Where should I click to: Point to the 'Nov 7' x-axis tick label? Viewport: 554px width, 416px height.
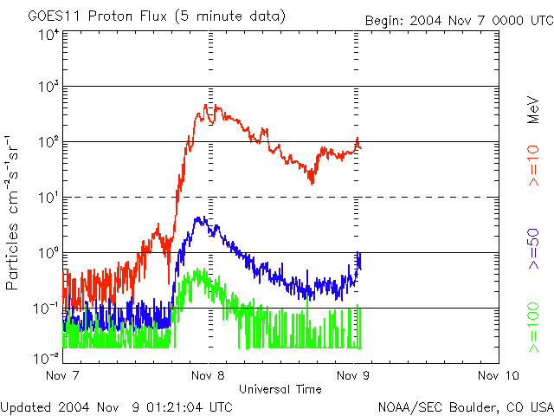pyautogui.click(x=62, y=375)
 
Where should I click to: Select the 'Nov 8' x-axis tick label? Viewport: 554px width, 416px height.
pyautogui.click(x=208, y=375)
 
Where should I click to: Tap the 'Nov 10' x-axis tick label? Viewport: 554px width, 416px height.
pyautogui.click(x=497, y=375)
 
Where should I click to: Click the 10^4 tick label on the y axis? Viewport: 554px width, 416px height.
pyautogui.click(x=48, y=34)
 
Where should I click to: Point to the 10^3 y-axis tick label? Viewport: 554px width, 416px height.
pyautogui.click(x=48, y=88)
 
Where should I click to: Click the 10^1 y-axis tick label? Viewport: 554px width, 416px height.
pyautogui.click(x=48, y=198)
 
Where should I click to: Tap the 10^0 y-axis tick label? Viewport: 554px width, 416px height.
pyautogui.click(x=48, y=254)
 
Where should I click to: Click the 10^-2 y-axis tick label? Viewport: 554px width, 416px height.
pyautogui.click(x=46, y=357)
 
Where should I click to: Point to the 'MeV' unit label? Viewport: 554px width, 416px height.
pyautogui.click(x=534, y=110)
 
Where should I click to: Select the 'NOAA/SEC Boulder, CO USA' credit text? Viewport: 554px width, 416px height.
pyautogui.click(x=465, y=406)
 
